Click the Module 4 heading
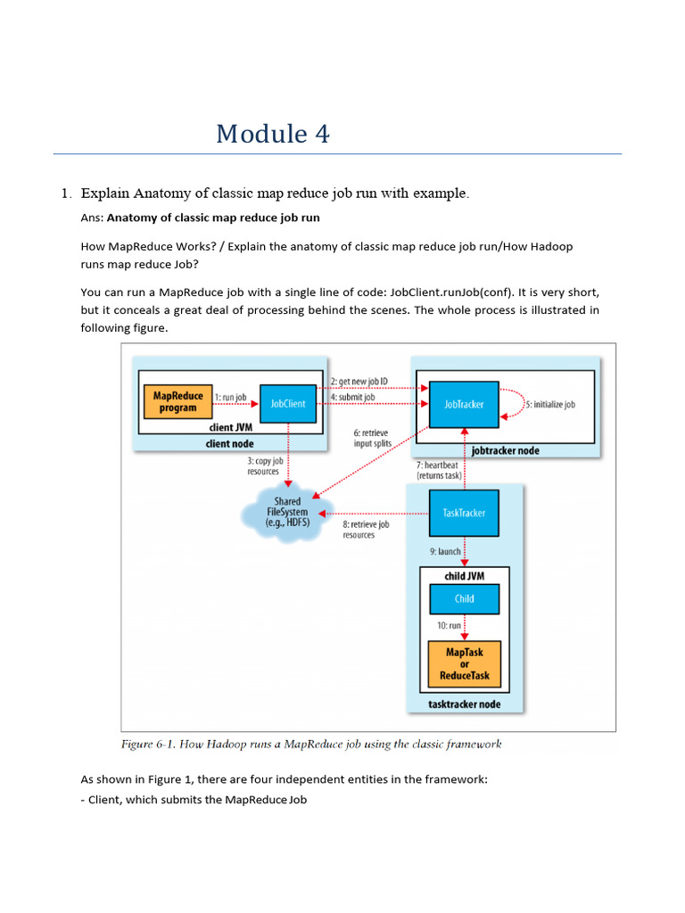coord(273,134)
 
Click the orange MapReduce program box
coord(178,402)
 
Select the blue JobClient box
coord(288,404)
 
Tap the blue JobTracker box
coord(464,404)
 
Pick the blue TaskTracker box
coord(464,514)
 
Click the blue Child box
coord(464,599)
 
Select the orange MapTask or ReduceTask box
coord(465,664)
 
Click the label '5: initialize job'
coord(549,404)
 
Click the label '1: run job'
coord(230,397)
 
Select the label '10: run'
coord(449,626)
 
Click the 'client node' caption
coord(229,443)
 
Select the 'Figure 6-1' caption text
coord(311,744)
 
